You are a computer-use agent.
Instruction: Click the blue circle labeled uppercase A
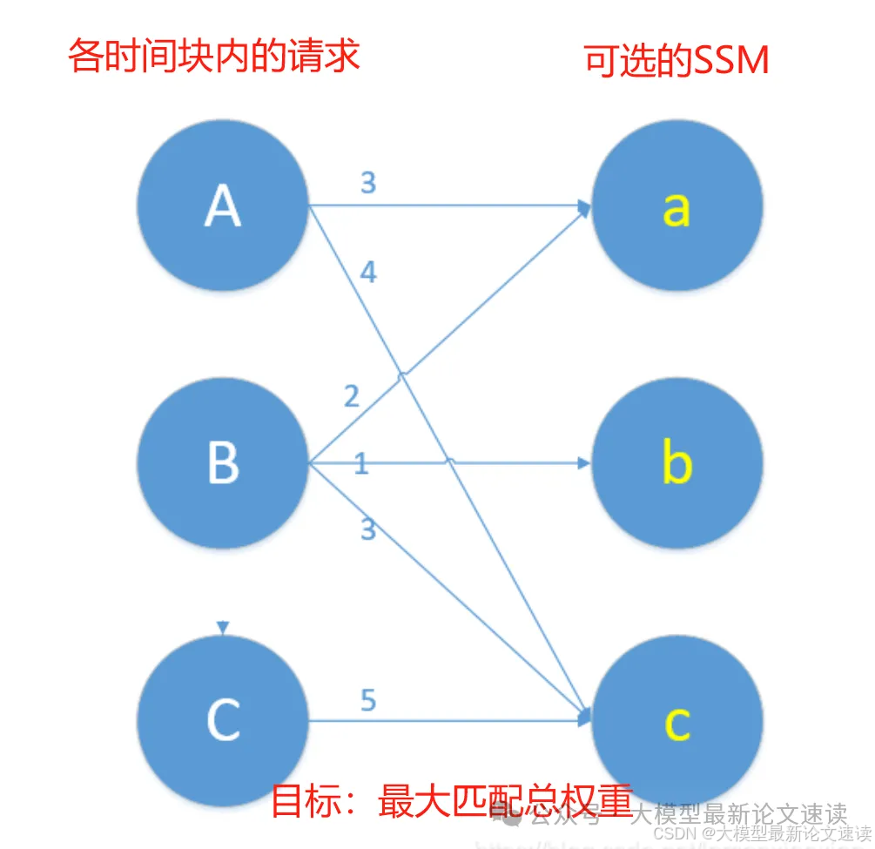click(223, 206)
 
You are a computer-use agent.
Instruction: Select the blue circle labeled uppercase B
click(223, 462)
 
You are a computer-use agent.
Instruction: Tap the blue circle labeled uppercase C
click(223, 719)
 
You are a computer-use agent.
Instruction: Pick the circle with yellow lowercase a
click(677, 206)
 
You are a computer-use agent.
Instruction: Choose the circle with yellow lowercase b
click(677, 462)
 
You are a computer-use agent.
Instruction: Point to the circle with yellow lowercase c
click(677, 721)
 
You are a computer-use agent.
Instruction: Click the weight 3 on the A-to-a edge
click(367, 183)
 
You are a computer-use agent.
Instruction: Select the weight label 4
click(368, 273)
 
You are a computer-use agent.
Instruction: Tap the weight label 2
click(351, 397)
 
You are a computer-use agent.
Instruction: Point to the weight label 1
click(361, 464)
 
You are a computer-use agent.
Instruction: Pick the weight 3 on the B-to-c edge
click(368, 529)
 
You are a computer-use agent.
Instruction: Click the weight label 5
click(368, 700)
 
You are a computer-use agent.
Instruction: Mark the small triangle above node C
click(223, 627)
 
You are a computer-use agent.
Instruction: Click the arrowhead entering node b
click(584, 462)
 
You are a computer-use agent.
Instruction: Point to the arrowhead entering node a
click(583, 206)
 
